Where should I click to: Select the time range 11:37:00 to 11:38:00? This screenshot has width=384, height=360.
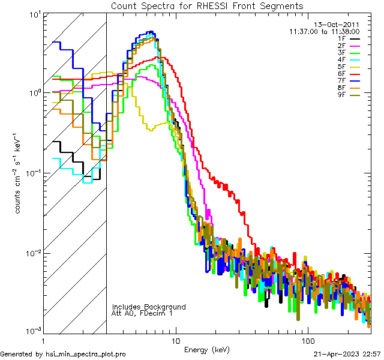(x=324, y=31)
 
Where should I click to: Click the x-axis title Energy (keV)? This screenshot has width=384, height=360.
(x=207, y=349)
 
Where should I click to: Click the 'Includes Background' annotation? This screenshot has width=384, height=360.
(x=149, y=307)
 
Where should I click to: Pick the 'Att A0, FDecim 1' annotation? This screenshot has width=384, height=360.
(x=143, y=313)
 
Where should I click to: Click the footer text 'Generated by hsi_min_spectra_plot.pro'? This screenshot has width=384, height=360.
(x=63, y=354)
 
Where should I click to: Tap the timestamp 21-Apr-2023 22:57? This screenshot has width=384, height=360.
(x=347, y=354)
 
